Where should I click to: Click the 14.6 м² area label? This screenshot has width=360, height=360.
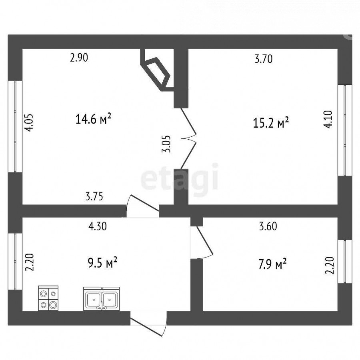[93, 119]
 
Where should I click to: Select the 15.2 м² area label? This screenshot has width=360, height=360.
[271, 123]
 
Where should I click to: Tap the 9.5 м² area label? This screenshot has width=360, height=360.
[103, 263]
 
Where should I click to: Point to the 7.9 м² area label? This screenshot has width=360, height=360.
[272, 264]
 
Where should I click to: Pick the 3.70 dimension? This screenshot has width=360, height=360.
[264, 59]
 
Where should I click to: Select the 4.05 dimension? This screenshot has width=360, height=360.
[30, 122]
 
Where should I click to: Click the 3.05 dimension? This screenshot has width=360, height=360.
[166, 144]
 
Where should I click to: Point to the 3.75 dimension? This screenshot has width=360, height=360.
[94, 196]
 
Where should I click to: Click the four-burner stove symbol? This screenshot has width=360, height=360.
[48, 298]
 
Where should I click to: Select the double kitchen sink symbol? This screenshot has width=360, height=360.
[101, 298]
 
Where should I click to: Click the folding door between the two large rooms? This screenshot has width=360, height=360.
[188, 138]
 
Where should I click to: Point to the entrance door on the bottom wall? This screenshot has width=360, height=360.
[148, 323]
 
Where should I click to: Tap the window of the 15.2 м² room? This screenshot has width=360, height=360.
[345, 130]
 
